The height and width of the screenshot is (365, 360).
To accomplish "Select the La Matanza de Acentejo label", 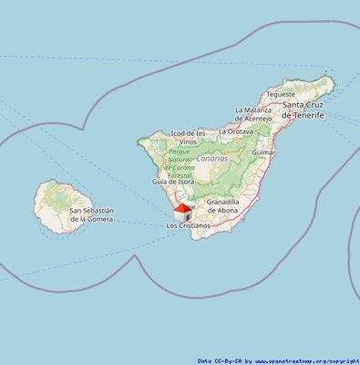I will click(253, 114).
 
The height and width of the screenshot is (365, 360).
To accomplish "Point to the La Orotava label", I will click(236, 131).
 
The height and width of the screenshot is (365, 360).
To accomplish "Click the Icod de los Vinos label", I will click(188, 139).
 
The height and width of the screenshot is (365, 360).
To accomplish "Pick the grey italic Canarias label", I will click(215, 157).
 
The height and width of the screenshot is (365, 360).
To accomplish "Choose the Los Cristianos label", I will click(188, 225).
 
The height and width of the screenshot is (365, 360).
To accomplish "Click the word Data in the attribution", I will click(207, 361).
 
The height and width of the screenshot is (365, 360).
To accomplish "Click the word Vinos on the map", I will click(188, 143).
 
